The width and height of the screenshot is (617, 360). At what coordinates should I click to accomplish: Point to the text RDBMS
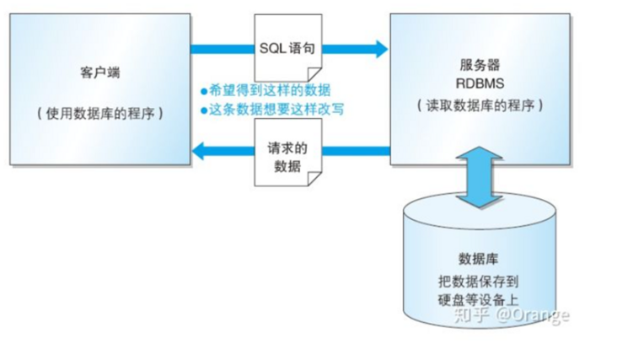click(x=479, y=83)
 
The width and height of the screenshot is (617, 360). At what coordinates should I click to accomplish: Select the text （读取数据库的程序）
click(x=479, y=105)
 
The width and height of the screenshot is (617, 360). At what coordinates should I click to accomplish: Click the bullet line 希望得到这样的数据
click(x=269, y=90)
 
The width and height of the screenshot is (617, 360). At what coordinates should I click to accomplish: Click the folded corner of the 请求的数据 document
click(x=311, y=179)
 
